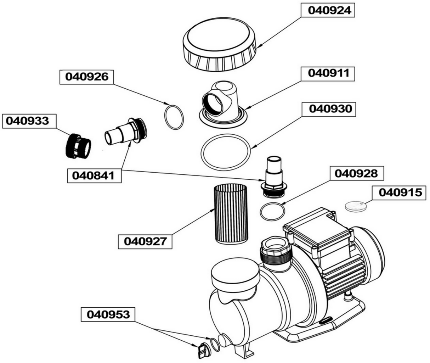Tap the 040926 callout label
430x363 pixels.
pyautogui.click(x=86, y=77)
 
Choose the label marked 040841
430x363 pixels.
pyautogui.click(x=94, y=175)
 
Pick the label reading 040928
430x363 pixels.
pyautogui.click(x=356, y=173)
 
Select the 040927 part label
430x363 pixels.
pyautogui.click(x=145, y=241)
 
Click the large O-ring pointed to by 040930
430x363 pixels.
pyautogui.click(x=226, y=152)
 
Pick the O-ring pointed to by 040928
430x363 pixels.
pyautogui.click(x=272, y=212)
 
